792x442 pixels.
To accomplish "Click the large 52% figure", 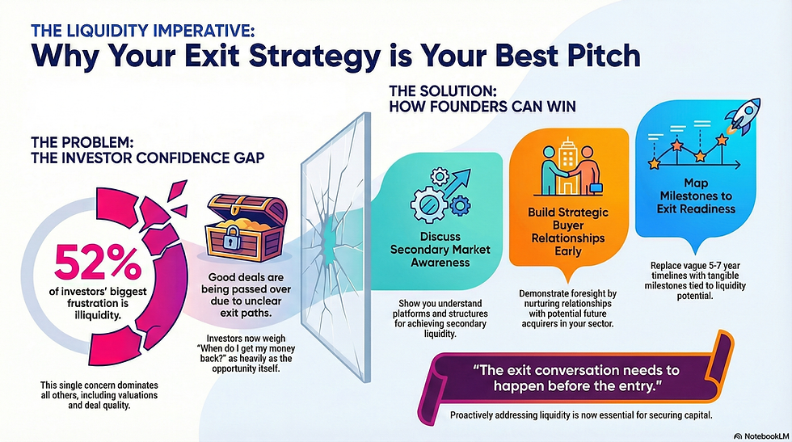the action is pyautogui.click(x=98, y=263).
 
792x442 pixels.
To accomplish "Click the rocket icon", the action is pyautogui.click(x=742, y=116).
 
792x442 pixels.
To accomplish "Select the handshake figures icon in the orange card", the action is pyautogui.click(x=570, y=168).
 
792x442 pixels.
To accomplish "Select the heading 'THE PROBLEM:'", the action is pyautogui.click(x=82, y=141).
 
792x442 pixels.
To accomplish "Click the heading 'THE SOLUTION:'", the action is pyautogui.click(x=443, y=91).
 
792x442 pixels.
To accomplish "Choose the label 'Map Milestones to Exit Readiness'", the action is pyautogui.click(x=696, y=196).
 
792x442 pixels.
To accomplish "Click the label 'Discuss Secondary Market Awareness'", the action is pyautogui.click(x=440, y=250).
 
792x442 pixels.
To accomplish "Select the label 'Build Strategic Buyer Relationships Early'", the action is pyautogui.click(x=568, y=231).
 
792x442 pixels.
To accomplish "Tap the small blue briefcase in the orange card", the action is pyautogui.click(x=596, y=188).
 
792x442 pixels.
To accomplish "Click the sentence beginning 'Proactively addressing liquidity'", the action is pyautogui.click(x=581, y=415).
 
